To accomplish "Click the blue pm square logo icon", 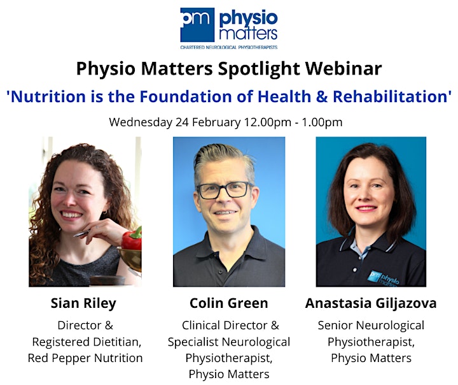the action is pyautogui.click(x=197, y=25).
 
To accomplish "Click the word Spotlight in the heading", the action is pyautogui.click(x=259, y=69).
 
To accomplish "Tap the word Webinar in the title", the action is pyautogui.click(x=343, y=68).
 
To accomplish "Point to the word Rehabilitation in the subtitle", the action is pyautogui.click(x=390, y=96).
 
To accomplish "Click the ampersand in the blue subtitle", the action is pyautogui.click(x=322, y=97).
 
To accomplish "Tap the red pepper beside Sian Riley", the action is pyautogui.click(x=132, y=238).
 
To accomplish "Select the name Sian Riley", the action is pyautogui.click(x=83, y=303).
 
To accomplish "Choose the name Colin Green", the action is pyautogui.click(x=229, y=303).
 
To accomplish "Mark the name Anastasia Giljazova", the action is pyautogui.click(x=371, y=303).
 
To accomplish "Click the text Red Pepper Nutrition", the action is pyautogui.click(x=85, y=358).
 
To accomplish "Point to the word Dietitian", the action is pyautogui.click(x=117, y=342).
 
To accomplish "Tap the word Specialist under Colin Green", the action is pyautogui.click(x=193, y=342).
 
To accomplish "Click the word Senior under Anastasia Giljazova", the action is pyautogui.click(x=335, y=325).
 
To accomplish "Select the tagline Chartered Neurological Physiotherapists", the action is pyautogui.click(x=229, y=47).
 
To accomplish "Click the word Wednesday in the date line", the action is pyautogui.click(x=141, y=122).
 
